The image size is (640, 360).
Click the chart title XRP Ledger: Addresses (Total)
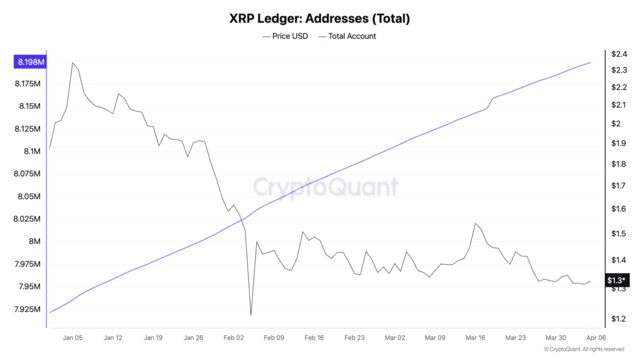[x=319, y=19]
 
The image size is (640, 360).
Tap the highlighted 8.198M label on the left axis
[x=29, y=62]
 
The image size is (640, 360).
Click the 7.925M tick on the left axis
[x=27, y=309]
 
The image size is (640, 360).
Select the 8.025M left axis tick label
[x=27, y=219]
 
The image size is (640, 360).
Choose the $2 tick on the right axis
[x=617, y=124]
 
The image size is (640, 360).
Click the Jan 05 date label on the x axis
[x=72, y=337]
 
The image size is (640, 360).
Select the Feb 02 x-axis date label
[x=233, y=337]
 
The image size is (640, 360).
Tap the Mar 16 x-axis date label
[x=475, y=337]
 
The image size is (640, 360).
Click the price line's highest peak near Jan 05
[x=72, y=62]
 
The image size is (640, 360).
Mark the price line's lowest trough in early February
[x=251, y=315]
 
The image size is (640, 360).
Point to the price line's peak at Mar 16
[x=476, y=223]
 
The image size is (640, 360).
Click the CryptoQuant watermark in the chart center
[x=325, y=186]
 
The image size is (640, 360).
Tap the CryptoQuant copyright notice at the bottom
[x=584, y=349]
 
